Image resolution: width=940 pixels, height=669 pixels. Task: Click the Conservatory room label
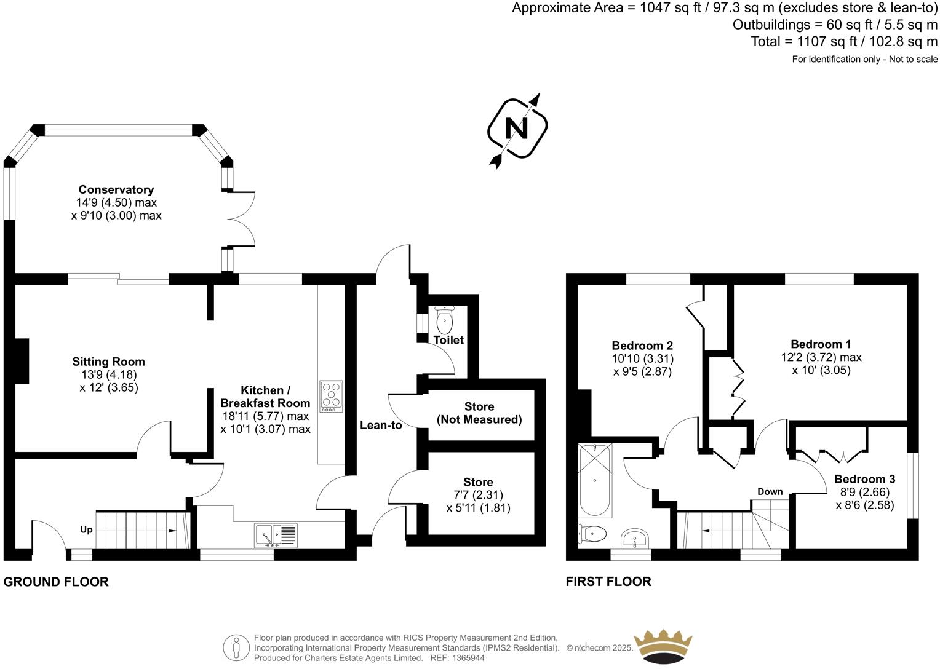pyautogui.click(x=116, y=189)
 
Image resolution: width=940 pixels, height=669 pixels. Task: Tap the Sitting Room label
pyautogui.click(x=108, y=362)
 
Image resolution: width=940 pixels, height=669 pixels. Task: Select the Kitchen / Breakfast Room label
pyautogui.click(x=265, y=397)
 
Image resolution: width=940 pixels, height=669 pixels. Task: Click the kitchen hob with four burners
pyautogui.click(x=331, y=397)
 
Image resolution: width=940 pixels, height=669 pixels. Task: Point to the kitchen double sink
pyautogui.click(x=276, y=534)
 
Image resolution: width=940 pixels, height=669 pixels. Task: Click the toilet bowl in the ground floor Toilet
pyautogui.click(x=444, y=320)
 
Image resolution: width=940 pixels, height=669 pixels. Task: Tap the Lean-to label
pyautogui.click(x=381, y=425)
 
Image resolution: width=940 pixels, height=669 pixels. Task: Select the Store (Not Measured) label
pyautogui.click(x=479, y=413)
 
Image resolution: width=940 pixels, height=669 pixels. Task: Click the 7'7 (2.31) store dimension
pyautogui.click(x=478, y=494)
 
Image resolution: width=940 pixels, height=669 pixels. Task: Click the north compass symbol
pyautogui.click(x=517, y=129)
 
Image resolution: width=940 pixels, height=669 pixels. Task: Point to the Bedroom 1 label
pyautogui.click(x=821, y=344)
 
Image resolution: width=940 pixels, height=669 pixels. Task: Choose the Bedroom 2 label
pyautogui.click(x=642, y=346)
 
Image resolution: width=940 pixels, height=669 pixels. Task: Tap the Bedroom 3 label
pyautogui.click(x=864, y=479)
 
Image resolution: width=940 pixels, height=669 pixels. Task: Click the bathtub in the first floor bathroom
pyautogui.click(x=594, y=480)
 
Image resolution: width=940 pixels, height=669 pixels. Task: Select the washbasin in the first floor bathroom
pyautogui.click(x=634, y=539)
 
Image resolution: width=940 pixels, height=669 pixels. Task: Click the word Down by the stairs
pyautogui.click(x=770, y=491)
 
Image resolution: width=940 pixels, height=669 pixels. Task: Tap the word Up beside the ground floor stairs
pyautogui.click(x=86, y=529)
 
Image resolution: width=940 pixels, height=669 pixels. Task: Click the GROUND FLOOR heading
pyautogui.click(x=56, y=582)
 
